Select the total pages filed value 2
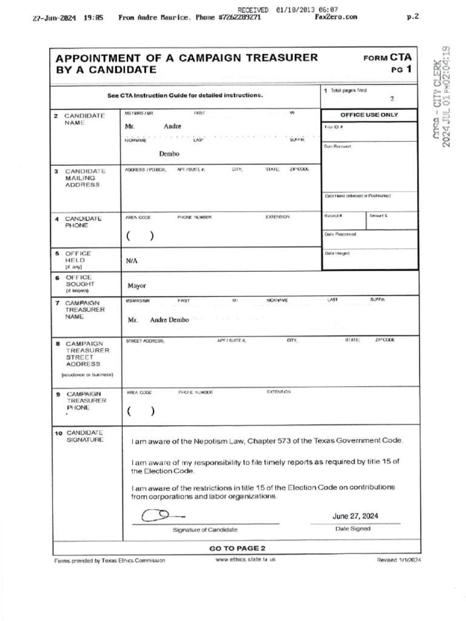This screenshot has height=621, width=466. point(391,98)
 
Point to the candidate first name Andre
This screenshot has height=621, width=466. point(172,126)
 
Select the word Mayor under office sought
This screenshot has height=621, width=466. point(137,285)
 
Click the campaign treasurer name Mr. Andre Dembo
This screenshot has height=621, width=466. point(158,320)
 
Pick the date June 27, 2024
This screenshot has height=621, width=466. point(355,516)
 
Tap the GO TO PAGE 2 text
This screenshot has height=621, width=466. point(237,548)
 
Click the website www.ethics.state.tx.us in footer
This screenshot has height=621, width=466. point(246,560)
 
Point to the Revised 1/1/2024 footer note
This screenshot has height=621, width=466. point(399,560)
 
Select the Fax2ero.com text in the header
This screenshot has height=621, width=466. point(336,18)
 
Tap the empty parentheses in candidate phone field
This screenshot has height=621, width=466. point(140,237)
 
